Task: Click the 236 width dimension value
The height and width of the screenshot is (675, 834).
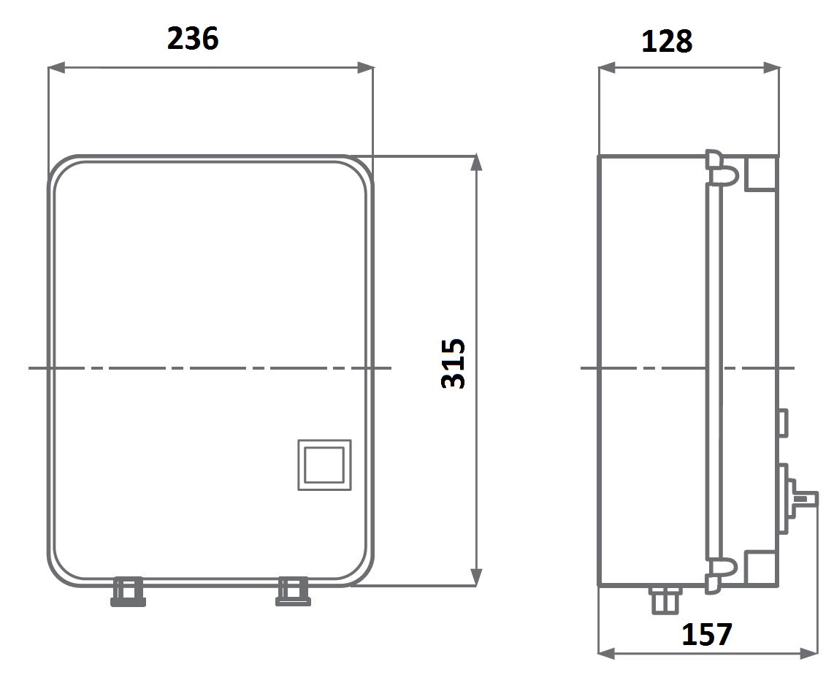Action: tap(193, 39)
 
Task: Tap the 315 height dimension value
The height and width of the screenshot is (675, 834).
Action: tap(454, 363)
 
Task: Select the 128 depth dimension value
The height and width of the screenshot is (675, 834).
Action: tap(667, 42)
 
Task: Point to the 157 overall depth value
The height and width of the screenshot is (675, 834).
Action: tap(707, 634)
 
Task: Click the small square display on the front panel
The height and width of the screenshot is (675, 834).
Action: tap(324, 465)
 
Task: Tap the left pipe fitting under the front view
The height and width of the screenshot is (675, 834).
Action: tap(128, 592)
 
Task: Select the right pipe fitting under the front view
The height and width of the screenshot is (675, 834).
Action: tap(293, 592)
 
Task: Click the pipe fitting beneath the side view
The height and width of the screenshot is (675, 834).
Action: tap(665, 600)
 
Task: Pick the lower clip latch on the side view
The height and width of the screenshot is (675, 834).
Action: tap(720, 575)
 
